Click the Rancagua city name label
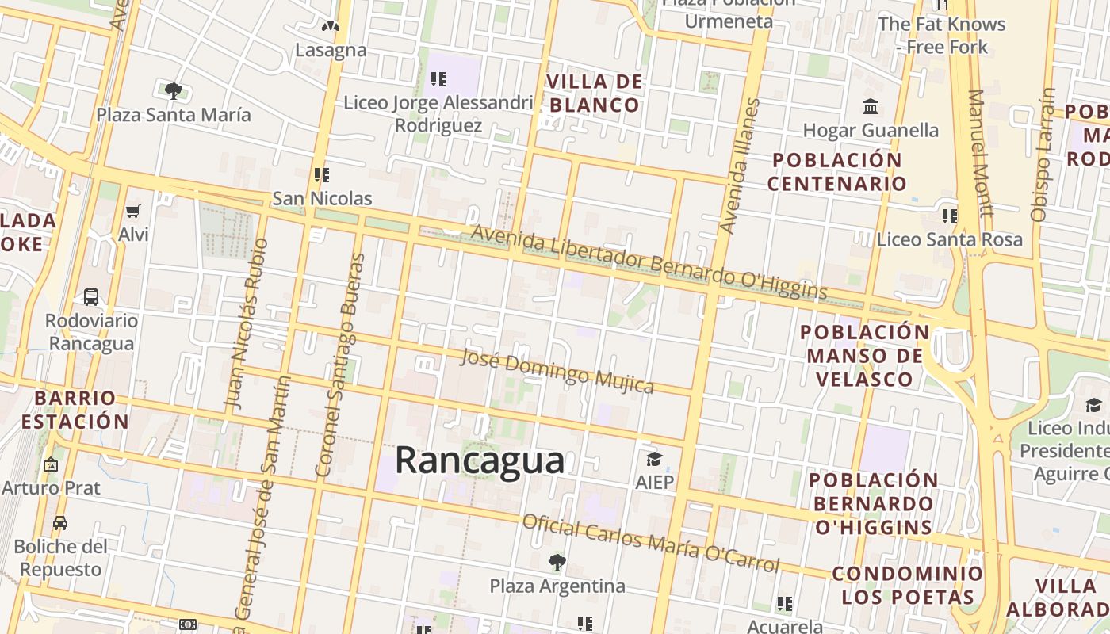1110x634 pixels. point(480,460)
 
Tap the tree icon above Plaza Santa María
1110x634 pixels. point(174,90)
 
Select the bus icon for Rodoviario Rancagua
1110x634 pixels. point(91,297)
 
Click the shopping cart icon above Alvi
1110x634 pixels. point(133,211)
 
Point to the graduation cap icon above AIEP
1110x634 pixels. point(654,459)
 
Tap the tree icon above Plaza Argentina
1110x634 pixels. point(557,563)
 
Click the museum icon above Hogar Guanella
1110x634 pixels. point(871,106)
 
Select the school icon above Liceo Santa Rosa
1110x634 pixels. point(949,216)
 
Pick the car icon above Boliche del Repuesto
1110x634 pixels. point(60,522)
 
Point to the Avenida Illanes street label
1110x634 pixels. point(739,166)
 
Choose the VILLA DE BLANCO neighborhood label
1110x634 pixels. point(595,94)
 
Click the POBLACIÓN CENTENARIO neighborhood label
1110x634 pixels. point(837,172)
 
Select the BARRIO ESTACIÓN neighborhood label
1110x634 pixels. point(75,410)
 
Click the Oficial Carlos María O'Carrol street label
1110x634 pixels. point(651,544)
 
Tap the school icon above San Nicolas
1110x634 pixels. point(321,174)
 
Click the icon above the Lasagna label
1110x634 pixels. point(331,26)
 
